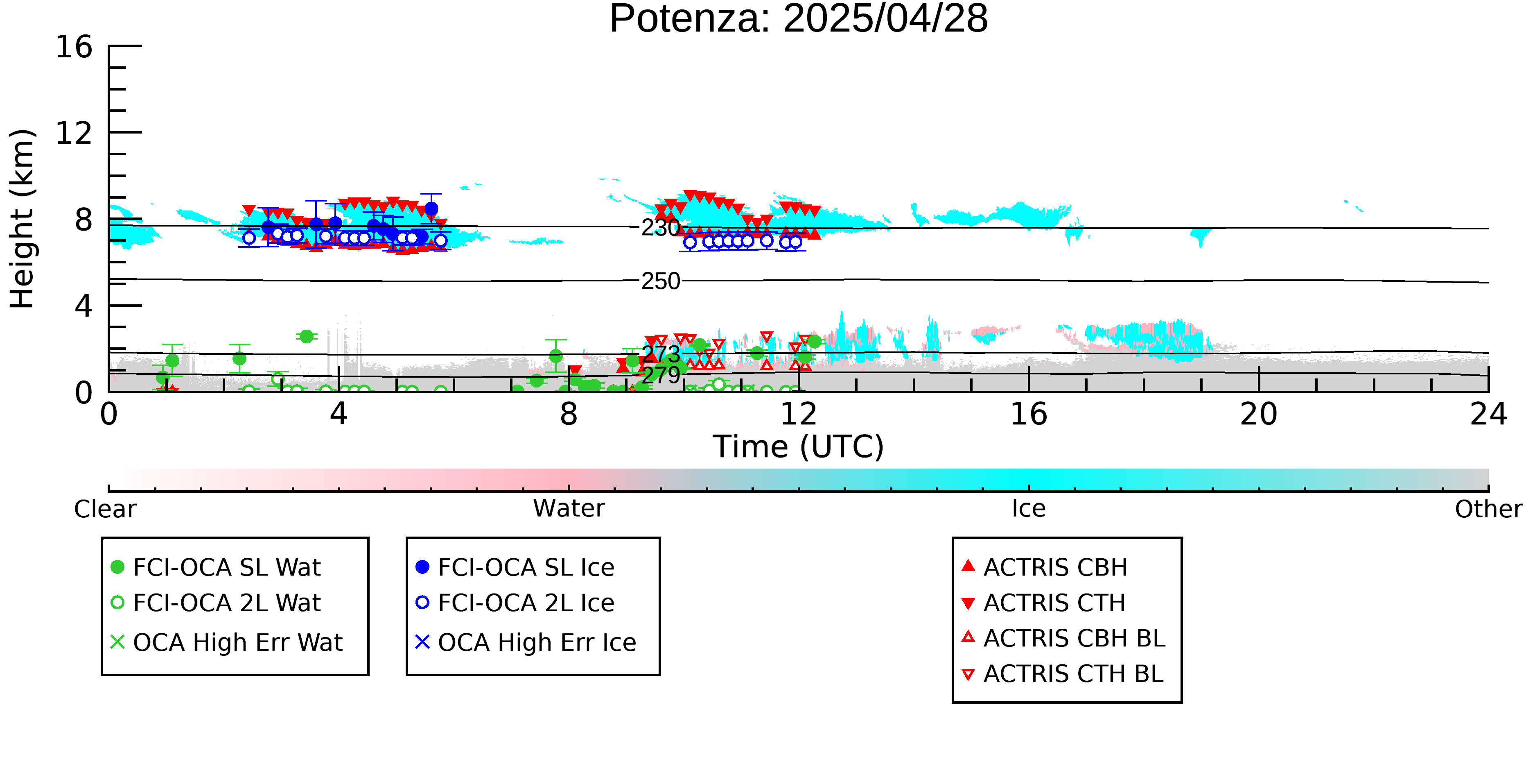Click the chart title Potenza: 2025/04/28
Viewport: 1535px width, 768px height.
799,19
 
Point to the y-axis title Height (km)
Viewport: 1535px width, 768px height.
23,219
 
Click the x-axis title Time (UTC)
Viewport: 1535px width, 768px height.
799,446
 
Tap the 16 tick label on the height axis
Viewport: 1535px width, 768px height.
74,47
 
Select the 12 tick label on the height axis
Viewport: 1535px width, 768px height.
74,133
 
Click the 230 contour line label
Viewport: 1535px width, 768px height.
660,228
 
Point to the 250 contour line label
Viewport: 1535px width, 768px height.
660,281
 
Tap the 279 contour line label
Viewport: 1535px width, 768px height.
660,375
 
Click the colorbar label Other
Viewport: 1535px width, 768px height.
1488,509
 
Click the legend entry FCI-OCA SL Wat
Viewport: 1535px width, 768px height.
216,567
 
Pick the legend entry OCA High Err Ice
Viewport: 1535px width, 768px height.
526,642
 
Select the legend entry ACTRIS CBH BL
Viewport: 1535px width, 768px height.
1064,638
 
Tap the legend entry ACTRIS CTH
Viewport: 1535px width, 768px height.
1043,603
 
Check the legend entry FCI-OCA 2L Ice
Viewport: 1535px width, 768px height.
515,603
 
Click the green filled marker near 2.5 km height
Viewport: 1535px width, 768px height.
306,337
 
